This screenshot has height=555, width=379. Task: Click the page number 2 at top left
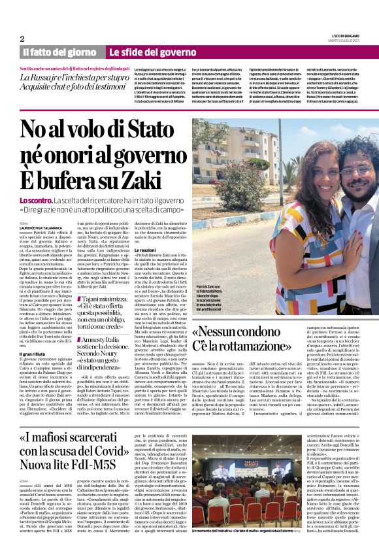(22, 39)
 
